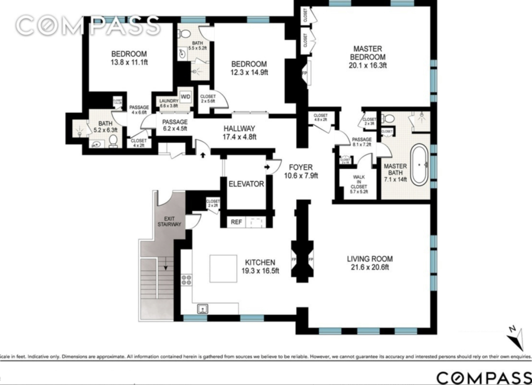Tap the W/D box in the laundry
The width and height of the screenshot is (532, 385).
tap(186, 97)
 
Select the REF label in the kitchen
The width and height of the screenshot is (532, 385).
tap(236, 222)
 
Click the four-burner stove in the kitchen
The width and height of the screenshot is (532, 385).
tap(187, 280)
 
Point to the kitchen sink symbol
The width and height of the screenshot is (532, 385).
tap(203, 309)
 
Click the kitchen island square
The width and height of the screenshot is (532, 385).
tap(223, 269)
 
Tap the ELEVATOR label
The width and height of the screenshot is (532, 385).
tap(246, 184)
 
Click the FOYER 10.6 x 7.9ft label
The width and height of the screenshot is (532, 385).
tap(301, 171)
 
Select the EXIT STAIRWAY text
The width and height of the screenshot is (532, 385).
tap(169, 222)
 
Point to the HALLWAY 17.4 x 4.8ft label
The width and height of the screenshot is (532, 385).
tap(239, 133)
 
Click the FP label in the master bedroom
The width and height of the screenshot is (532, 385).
tap(304, 73)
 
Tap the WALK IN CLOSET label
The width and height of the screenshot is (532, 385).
tap(359, 184)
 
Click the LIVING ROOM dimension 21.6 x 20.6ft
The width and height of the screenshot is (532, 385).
tap(370, 267)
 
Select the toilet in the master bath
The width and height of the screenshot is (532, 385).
tap(389, 119)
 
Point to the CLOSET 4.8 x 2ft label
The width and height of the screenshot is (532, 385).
tap(320, 117)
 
